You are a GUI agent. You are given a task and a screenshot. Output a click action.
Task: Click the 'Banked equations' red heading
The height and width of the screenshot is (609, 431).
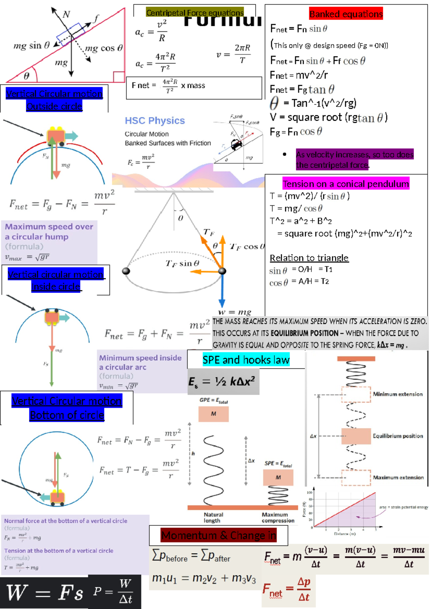(x=346, y=14)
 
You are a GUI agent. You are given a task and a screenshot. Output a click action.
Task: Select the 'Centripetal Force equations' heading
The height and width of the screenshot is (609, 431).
(x=195, y=13)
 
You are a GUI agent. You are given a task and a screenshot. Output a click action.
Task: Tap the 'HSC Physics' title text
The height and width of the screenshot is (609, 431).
(x=155, y=121)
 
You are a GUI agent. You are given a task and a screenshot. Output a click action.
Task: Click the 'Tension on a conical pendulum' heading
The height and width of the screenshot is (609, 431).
(x=346, y=184)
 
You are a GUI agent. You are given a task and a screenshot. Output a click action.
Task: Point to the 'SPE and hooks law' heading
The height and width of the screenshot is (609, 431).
(x=246, y=360)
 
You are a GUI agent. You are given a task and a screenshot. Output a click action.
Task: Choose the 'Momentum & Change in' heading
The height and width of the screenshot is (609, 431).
(x=218, y=535)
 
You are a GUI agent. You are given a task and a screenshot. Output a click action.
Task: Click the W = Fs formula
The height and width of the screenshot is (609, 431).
(x=45, y=592)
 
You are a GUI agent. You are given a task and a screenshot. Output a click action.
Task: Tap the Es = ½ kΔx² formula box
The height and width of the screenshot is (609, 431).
(x=223, y=381)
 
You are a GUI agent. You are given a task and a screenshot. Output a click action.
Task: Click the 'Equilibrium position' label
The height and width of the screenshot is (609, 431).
(x=398, y=436)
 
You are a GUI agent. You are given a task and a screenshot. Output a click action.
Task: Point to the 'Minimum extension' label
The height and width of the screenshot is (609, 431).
(x=398, y=394)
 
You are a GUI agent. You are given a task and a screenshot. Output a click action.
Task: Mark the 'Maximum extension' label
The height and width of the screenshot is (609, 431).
(x=398, y=478)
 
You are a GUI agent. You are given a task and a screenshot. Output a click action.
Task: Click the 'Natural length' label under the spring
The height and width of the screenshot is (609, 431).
(x=213, y=517)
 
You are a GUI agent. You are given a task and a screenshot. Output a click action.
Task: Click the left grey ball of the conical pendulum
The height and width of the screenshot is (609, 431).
(x=126, y=271)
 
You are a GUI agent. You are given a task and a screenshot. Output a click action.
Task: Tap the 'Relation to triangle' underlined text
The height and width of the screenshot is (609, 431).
(x=309, y=258)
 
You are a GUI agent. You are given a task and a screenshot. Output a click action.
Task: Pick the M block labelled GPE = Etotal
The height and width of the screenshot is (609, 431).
(x=213, y=414)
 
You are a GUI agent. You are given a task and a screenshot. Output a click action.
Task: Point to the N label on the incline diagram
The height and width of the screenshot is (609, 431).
(x=66, y=14)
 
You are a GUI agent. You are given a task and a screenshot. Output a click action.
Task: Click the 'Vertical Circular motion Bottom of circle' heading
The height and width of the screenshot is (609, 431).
(x=67, y=408)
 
